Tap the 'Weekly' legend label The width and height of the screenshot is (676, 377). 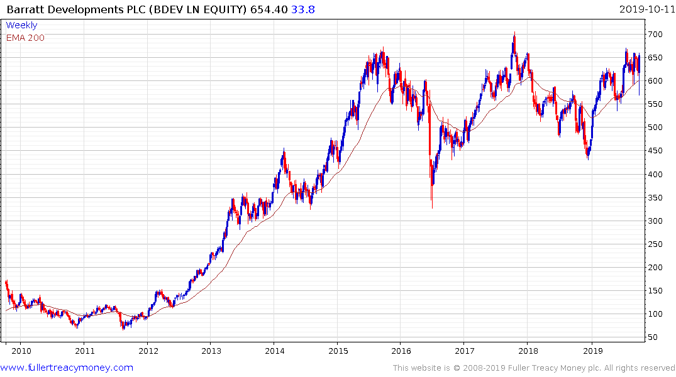click(x=21, y=26)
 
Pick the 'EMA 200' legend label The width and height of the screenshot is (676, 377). click(x=25, y=38)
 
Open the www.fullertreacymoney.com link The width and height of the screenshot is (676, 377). click(x=67, y=368)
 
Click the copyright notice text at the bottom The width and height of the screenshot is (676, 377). click(x=534, y=368)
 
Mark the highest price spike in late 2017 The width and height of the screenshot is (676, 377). click(x=514, y=33)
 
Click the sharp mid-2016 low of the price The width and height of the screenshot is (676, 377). click(x=431, y=207)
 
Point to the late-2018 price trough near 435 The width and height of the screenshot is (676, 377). click(x=588, y=158)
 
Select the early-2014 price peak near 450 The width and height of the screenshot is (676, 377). click(x=284, y=150)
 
